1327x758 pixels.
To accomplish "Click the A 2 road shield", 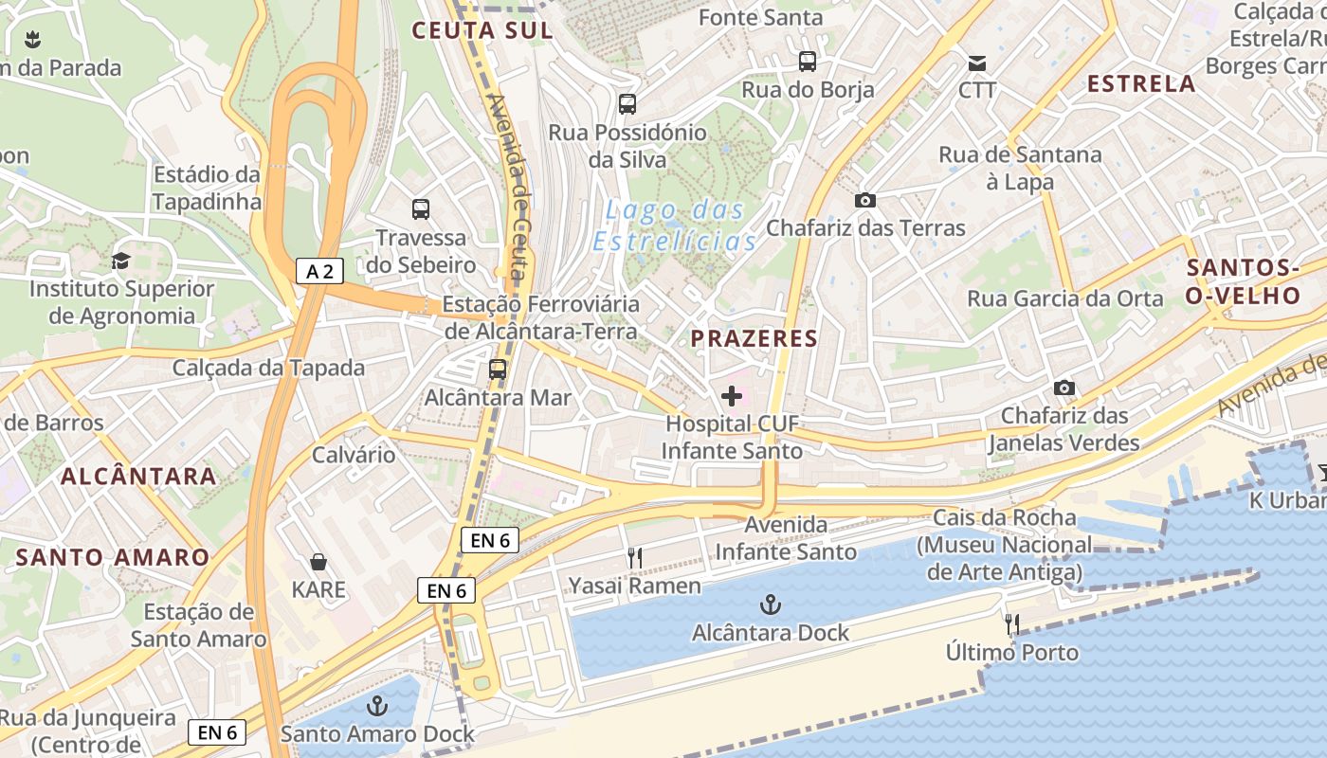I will coord(319,272).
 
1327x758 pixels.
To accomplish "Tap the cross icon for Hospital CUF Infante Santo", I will coord(732,396).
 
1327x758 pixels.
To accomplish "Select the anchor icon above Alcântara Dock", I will coord(771,605).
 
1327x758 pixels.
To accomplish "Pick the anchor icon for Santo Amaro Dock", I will coord(377,706).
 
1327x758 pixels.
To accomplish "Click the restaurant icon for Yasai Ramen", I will coord(635,558).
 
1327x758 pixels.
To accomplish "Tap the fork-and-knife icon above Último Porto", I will coord(1012,624).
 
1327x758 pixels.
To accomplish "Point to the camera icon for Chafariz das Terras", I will coord(864,200).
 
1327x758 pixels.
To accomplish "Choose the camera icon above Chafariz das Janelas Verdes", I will coord(1064,388).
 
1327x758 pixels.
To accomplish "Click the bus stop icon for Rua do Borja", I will coord(808,62).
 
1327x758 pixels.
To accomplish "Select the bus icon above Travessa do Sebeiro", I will coord(420,209).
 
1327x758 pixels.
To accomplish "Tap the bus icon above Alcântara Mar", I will coord(498,369).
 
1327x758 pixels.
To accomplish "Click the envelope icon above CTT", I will coord(977,63).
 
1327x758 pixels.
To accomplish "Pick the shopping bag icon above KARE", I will coord(318,562).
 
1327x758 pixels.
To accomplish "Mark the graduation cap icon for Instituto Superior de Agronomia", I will coord(120,261).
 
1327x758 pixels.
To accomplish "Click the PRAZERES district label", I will coord(754,338).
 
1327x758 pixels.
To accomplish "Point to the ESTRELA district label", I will coord(1141,83).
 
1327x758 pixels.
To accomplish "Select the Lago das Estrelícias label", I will coord(675,226).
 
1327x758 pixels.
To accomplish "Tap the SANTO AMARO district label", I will coord(112,557).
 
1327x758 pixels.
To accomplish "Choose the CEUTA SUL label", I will coord(482,30).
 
